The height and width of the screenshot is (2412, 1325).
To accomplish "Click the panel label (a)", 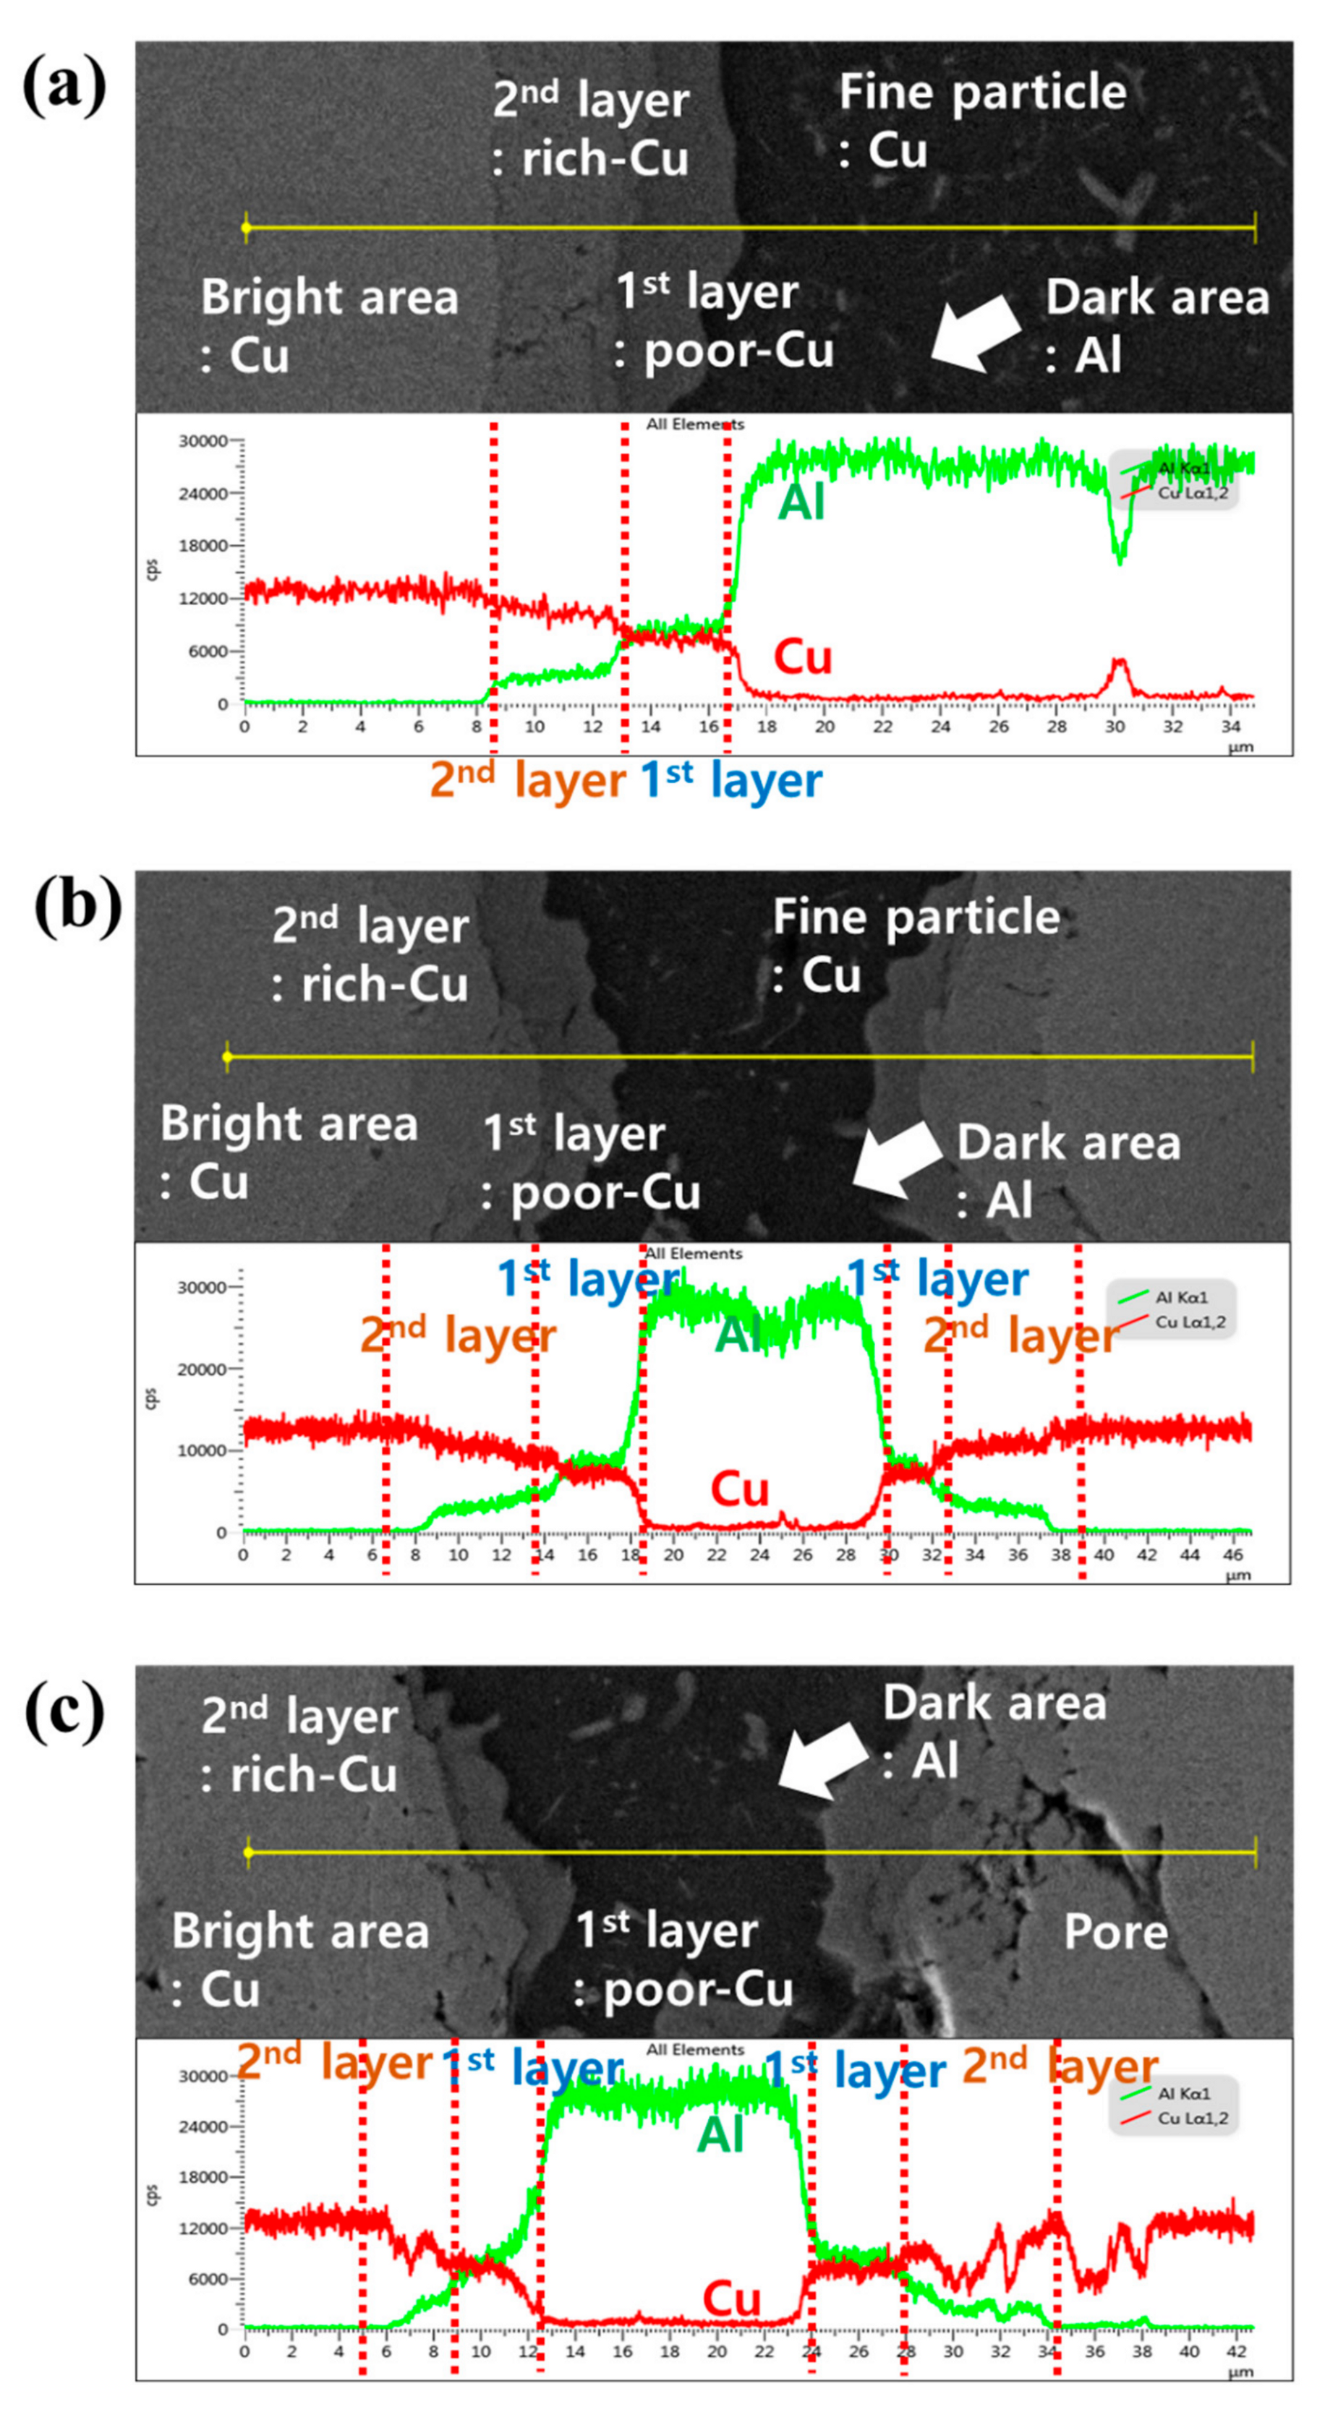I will pyautogui.click(x=64, y=86).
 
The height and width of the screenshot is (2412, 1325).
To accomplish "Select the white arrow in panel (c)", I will pyautogui.click(x=822, y=1761).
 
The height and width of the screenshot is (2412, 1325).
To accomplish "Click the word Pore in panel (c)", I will pyautogui.click(x=1115, y=1932).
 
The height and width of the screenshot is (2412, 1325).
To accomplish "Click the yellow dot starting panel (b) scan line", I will pyautogui.click(x=226, y=1057).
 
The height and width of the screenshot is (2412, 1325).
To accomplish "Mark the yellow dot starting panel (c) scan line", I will pyautogui.click(x=248, y=1852).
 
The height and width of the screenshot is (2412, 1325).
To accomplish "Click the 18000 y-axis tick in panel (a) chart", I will pyautogui.click(x=203, y=546).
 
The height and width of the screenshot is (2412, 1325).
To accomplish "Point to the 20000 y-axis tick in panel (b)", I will pyautogui.click(x=201, y=1369).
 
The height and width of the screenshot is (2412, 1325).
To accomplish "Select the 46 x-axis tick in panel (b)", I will pyautogui.click(x=1232, y=1555).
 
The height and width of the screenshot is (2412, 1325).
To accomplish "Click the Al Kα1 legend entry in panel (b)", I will pyautogui.click(x=1182, y=1298).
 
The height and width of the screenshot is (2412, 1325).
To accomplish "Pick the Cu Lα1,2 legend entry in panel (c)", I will pyautogui.click(x=1192, y=2118).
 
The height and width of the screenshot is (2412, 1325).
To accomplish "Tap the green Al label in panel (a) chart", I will pyautogui.click(x=801, y=504).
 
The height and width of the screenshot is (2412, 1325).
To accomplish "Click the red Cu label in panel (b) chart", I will pyautogui.click(x=739, y=1489).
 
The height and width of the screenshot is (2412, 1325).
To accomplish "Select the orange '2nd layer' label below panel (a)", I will pyautogui.click(x=527, y=780).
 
